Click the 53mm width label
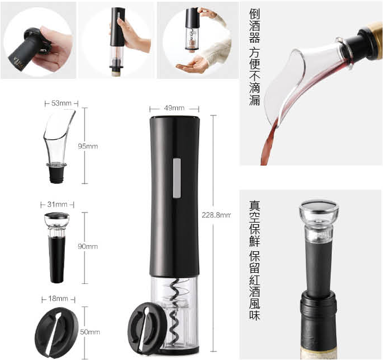pos(61,104)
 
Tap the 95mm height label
pos(88,146)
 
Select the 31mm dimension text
pos(57,205)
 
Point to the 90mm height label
pos(88,246)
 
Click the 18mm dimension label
pos(58,299)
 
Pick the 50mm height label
pos(90,332)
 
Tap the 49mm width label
pos(174,108)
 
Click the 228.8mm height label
pos(216,215)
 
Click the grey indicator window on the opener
pos(177,178)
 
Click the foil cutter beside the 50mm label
pos(57,332)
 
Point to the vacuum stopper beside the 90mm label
pos(57,247)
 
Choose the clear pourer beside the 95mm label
pos(59,146)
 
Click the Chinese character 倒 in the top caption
pos(255,14)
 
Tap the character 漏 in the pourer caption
pos(255,100)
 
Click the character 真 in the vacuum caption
pos(255,206)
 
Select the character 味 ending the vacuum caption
pos(255,315)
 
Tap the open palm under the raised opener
pos(193,65)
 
